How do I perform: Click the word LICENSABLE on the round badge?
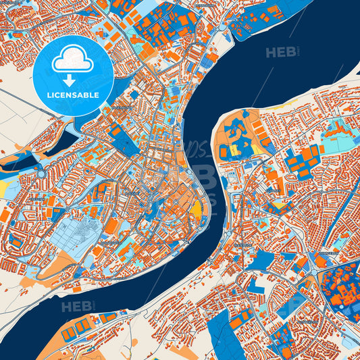click(73, 94)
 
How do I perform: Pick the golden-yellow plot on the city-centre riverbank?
click(197, 210)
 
